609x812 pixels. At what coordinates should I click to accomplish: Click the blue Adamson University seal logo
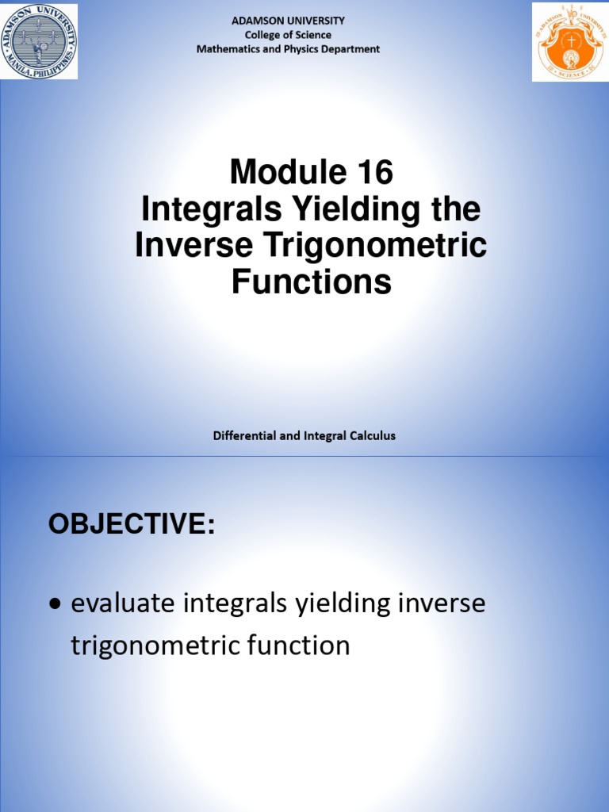pos(39,41)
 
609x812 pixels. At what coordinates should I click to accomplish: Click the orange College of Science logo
pos(569,41)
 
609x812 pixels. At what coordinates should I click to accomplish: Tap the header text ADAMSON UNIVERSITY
pos(288,21)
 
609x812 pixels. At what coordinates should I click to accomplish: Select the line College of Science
pos(288,35)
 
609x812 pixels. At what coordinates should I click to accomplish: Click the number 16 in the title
pos(372,172)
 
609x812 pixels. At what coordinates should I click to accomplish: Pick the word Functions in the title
pos(311,282)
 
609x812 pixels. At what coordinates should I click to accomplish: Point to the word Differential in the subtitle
pos(245,435)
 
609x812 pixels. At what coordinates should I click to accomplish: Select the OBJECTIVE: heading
pos(132,524)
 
